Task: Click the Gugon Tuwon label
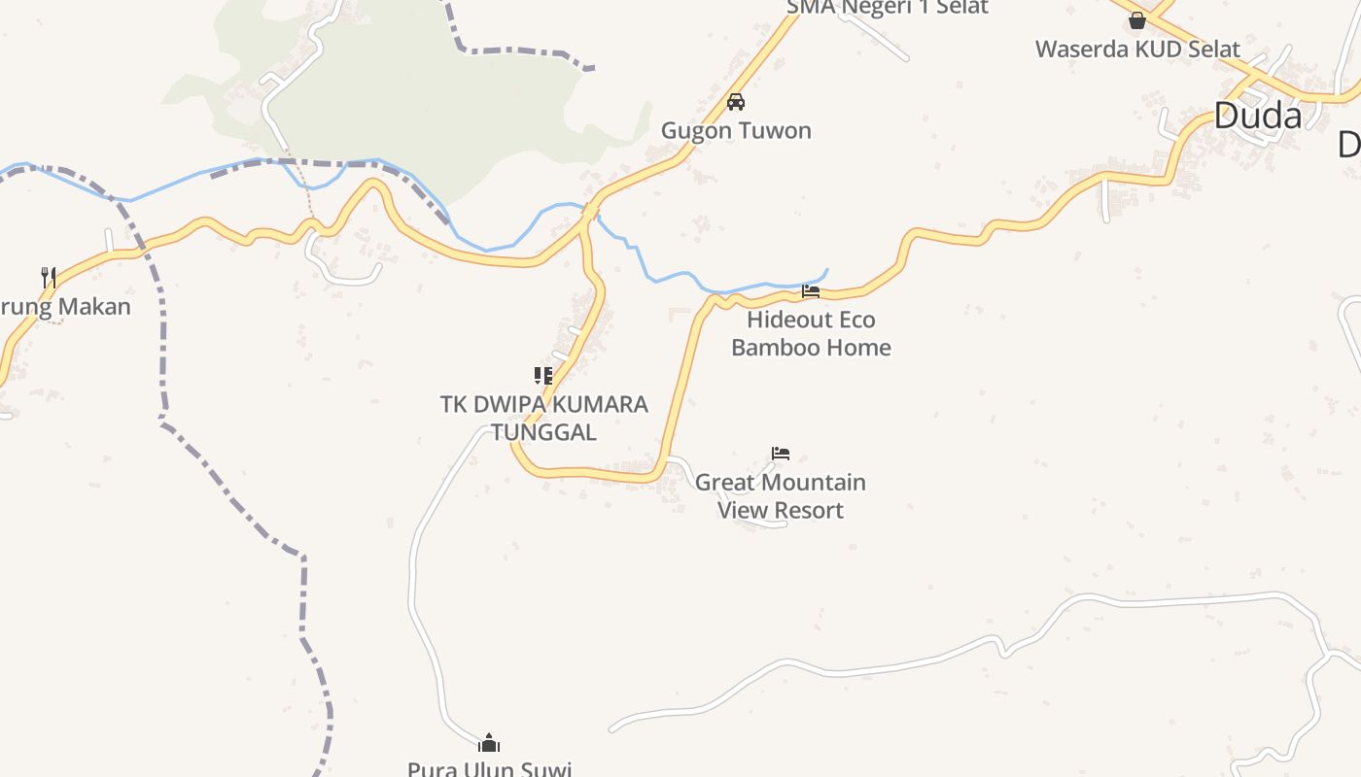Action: (x=736, y=131)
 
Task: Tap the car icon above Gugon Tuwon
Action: (x=736, y=102)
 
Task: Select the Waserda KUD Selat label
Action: (x=1137, y=50)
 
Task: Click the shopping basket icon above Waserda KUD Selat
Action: (x=1137, y=19)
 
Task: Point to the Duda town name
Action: (x=1258, y=117)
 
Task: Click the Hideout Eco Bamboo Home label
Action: (x=811, y=333)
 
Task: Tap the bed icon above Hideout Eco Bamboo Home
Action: (x=811, y=290)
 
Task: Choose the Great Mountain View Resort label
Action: (x=780, y=495)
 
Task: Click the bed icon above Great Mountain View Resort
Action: (x=781, y=453)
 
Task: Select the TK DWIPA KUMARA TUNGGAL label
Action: (x=544, y=418)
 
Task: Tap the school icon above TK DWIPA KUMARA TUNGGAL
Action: (x=543, y=376)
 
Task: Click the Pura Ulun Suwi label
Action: (x=489, y=768)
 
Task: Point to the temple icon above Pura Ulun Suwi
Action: (x=489, y=744)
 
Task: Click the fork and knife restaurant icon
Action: (x=49, y=278)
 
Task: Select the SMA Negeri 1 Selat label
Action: (x=887, y=8)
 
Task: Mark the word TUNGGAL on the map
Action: (x=544, y=432)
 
